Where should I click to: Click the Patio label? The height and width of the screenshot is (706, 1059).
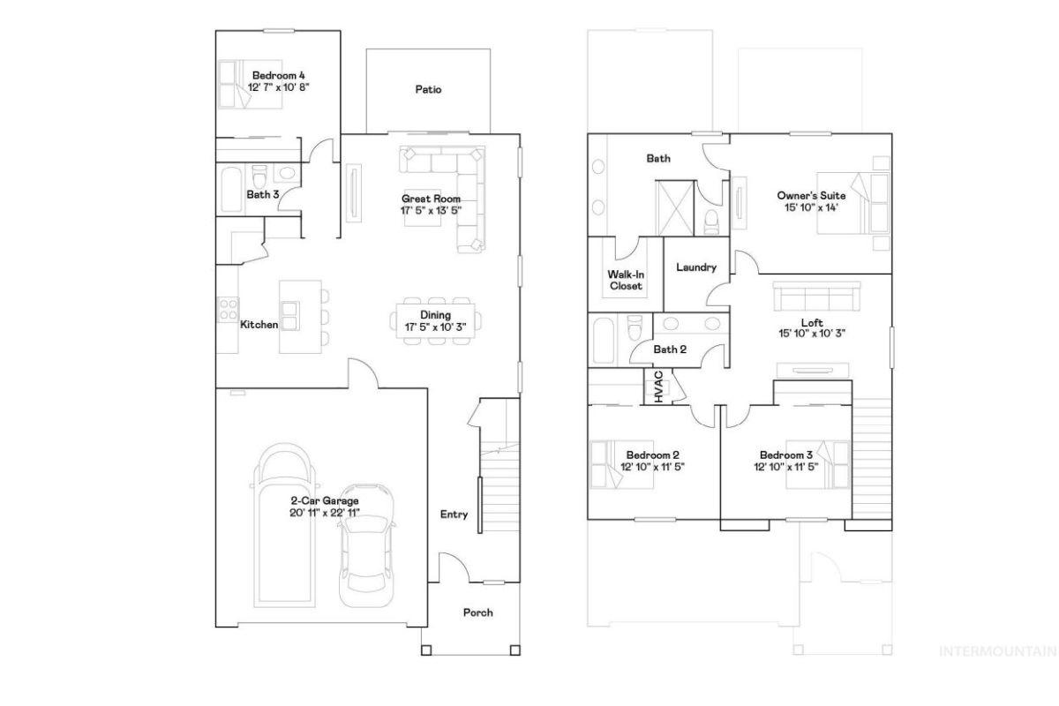point(428,89)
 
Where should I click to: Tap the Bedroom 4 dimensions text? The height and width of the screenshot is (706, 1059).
point(279,87)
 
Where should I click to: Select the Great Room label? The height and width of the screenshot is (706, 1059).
point(431,199)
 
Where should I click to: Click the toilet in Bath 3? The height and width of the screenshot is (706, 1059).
point(259,176)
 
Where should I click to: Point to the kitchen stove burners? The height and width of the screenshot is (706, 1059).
point(228,309)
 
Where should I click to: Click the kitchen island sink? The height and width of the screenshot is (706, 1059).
point(289,316)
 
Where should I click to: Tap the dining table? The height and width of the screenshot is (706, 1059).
point(436,320)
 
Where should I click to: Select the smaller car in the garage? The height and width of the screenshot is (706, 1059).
point(366,545)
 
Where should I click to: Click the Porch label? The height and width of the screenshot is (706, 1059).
point(478,612)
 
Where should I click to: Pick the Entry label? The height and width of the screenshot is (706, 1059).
point(454,514)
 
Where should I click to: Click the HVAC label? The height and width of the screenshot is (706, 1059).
point(659,387)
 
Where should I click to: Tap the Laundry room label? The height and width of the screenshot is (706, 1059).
point(696,267)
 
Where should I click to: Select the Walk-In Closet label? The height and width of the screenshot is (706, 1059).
point(626,280)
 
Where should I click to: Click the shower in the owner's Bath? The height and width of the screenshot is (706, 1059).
point(674,208)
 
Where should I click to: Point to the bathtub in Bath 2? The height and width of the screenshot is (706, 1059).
point(604,340)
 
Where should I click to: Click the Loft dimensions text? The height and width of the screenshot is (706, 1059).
point(812,334)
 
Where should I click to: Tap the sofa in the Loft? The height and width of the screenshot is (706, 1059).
point(816,297)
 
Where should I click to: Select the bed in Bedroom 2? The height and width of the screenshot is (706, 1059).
point(621,464)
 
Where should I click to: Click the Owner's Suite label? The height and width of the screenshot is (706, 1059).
point(811,195)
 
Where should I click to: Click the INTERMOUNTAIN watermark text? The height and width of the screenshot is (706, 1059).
point(997,651)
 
